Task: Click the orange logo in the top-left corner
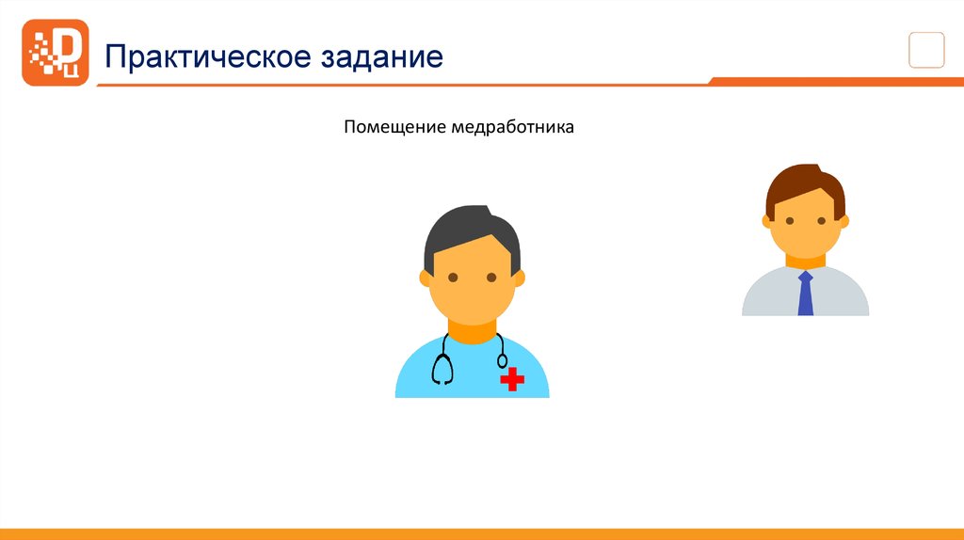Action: pos(55,53)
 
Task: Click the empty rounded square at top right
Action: pos(926,50)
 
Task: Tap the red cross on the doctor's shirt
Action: pos(512,378)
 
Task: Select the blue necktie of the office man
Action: pos(805,294)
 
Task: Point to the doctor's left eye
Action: pos(453,278)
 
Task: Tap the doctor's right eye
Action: pos(491,278)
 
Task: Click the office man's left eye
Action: pos(790,221)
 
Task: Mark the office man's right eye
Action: pos(821,221)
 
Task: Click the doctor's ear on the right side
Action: pos(520,278)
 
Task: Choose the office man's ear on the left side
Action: pos(767,222)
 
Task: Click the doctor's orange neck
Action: pos(472,333)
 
